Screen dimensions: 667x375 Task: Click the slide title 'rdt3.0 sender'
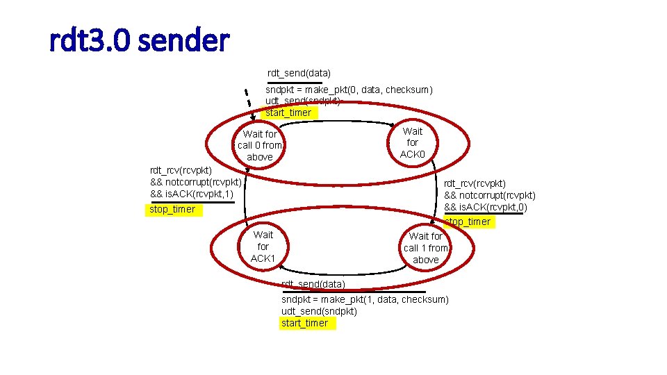[x=139, y=41]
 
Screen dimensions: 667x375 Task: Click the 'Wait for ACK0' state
[x=412, y=142]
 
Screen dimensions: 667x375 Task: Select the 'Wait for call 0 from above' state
[x=260, y=145]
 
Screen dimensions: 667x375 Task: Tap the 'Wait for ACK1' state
[x=263, y=247]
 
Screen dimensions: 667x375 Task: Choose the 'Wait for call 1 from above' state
[x=426, y=248]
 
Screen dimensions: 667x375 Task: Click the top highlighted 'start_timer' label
[x=288, y=112]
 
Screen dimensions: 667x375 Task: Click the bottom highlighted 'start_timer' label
[x=304, y=323]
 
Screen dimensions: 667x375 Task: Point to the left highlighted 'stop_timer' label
[x=172, y=209]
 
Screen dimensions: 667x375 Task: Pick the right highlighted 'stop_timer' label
[x=468, y=222]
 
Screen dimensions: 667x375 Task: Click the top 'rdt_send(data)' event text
[x=299, y=73]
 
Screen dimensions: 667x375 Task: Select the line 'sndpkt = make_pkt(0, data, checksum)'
[x=349, y=90]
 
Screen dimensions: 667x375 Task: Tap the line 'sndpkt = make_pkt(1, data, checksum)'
[x=365, y=299]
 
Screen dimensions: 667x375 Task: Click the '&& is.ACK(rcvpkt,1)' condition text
[x=192, y=194]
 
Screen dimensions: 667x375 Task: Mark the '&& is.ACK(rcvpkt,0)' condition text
[x=486, y=207]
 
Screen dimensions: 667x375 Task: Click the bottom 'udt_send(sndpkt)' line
[x=319, y=310]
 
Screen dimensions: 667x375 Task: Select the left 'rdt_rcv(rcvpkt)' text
[x=181, y=169]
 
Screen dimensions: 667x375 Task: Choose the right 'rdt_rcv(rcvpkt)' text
[x=475, y=183]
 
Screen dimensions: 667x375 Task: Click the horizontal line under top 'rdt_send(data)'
[x=295, y=83]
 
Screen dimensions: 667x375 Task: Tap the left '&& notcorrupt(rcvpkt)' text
[x=196, y=182]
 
